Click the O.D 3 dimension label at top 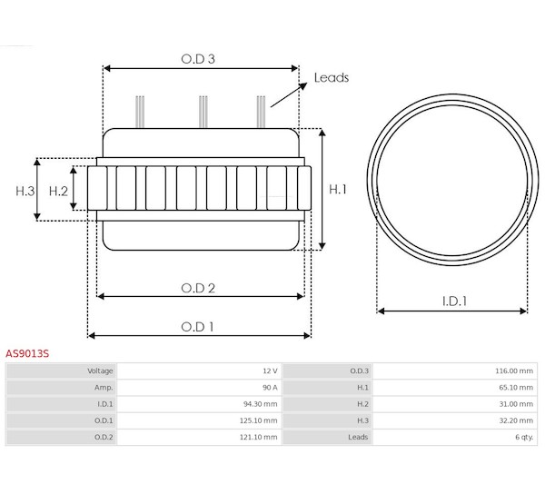coord(198,59)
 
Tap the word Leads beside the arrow coord(332,77)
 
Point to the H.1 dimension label coord(338,189)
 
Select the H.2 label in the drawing coord(58,191)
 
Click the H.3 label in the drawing coord(25,191)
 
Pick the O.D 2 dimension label coord(198,288)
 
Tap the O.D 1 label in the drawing coord(197,327)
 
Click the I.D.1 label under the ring coord(454,301)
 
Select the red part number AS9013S coord(27,353)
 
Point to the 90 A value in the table coord(270,388)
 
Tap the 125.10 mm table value coord(259,420)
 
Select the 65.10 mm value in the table coord(516,388)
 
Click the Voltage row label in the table coord(100,371)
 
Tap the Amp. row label coord(104,388)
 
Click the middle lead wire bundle coord(203,112)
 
